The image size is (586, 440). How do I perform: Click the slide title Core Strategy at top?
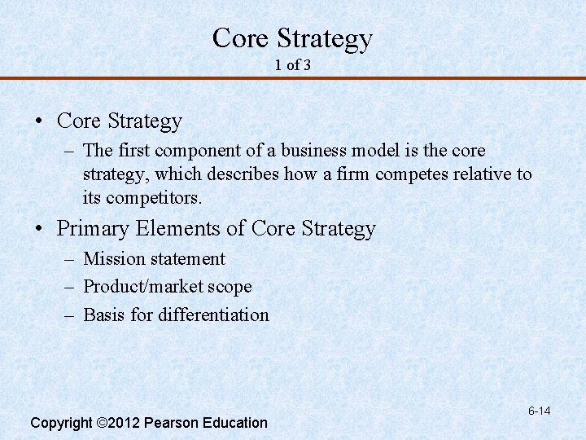click(x=292, y=38)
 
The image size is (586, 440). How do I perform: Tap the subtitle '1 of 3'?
click(x=292, y=64)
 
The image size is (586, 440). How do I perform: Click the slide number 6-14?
click(x=539, y=411)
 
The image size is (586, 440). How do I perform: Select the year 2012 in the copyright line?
click(x=125, y=423)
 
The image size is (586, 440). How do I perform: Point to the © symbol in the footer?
click(x=102, y=423)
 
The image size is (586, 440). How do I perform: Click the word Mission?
click(x=112, y=259)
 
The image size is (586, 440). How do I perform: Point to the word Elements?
click(x=174, y=229)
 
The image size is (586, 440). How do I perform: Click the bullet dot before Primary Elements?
click(x=39, y=230)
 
